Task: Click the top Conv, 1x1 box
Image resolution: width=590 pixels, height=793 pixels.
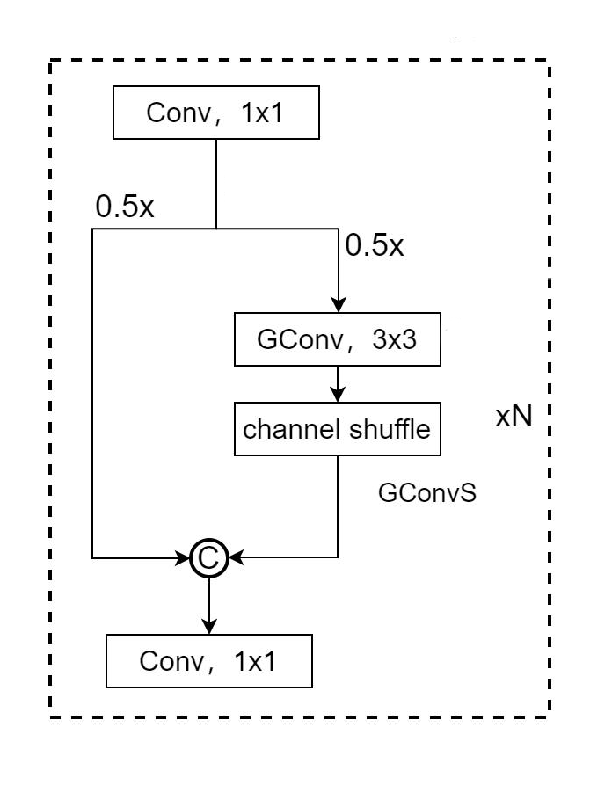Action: (215, 113)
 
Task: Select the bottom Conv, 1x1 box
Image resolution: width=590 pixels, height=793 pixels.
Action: (208, 661)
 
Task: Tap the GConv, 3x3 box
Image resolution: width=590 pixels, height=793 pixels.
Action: (338, 341)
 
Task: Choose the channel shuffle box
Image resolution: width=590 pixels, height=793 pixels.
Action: (338, 429)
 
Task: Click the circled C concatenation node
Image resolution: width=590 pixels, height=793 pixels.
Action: (209, 557)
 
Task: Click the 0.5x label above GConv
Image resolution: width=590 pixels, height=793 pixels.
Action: (375, 245)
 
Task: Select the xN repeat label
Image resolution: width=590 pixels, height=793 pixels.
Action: (514, 416)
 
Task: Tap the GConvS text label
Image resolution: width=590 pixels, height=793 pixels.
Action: (427, 493)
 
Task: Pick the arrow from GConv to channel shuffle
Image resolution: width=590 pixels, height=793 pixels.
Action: (338, 384)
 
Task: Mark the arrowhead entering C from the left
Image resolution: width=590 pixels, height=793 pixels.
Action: (185, 557)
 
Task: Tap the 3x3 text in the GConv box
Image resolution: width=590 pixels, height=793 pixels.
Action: (392, 341)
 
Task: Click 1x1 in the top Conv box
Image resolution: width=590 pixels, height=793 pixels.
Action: (261, 113)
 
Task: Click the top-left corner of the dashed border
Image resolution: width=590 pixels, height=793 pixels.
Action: (50, 61)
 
